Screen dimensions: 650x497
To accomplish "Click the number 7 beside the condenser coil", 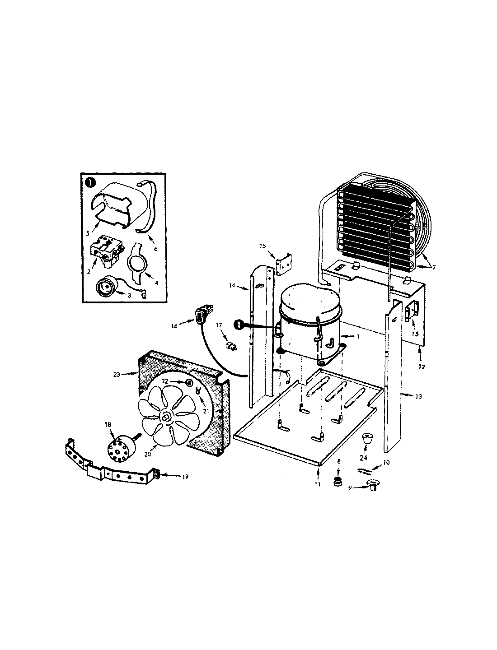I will (x=433, y=268).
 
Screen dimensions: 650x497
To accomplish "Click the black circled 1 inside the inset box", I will (x=90, y=182).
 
